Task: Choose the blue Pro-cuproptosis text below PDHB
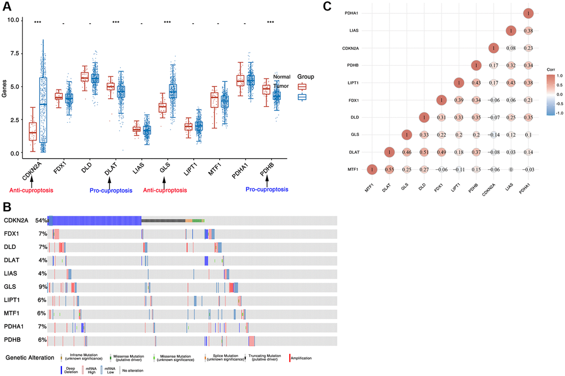pos(265,190)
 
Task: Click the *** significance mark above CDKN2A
pos(38,23)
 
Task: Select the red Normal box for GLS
pos(162,107)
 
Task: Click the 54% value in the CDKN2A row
pos(41,221)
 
